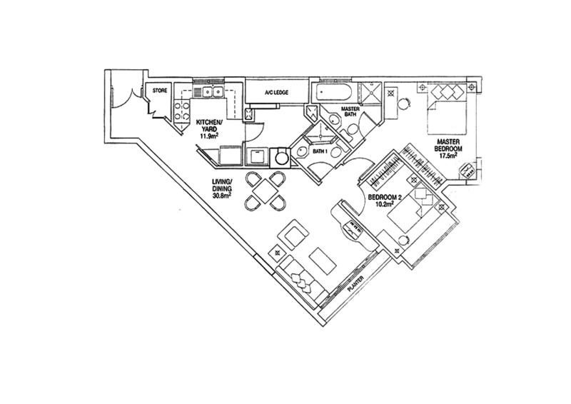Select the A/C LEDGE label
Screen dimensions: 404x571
[x=276, y=93]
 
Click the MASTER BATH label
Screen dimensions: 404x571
[x=350, y=111]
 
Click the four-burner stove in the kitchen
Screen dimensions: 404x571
[x=181, y=111]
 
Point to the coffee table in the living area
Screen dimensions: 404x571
[x=319, y=258]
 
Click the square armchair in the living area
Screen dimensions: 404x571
[x=293, y=233]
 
